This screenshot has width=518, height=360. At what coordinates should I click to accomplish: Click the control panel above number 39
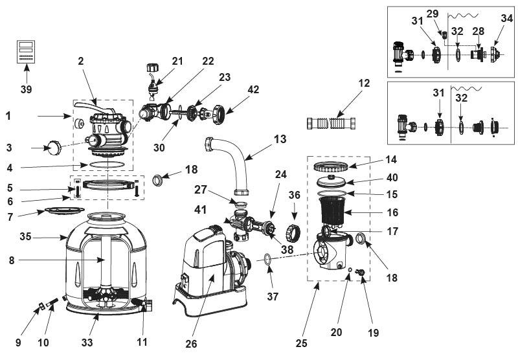26,52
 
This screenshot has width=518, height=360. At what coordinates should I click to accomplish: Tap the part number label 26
191,344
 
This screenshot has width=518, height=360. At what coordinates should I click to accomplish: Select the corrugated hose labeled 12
332,123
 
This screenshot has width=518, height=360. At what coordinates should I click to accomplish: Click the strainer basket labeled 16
333,210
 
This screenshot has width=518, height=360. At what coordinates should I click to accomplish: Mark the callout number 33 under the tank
87,342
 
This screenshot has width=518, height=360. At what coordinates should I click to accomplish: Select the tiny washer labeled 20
349,270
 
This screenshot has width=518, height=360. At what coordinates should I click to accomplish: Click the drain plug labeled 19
359,272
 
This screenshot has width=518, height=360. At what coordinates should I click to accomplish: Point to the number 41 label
201,209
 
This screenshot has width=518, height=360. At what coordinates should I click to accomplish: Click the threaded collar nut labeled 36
294,233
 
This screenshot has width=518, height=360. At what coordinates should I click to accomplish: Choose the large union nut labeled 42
219,114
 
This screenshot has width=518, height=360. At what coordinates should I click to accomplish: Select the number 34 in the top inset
507,18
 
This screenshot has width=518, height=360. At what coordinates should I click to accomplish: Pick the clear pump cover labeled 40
332,181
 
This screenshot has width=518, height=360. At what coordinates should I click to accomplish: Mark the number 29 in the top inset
432,14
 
